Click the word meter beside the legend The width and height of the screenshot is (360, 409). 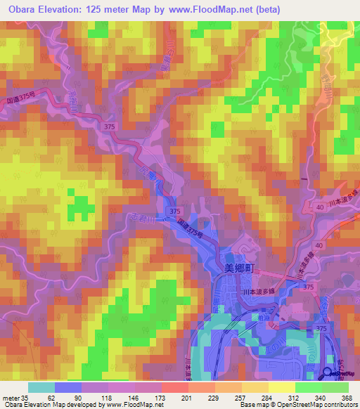point(11,397)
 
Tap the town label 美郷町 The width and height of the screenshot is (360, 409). point(238,267)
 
